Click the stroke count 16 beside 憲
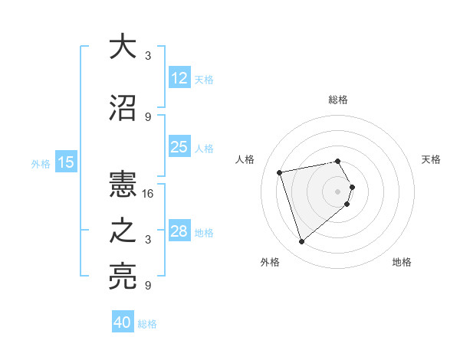pyautogui.click(x=149, y=194)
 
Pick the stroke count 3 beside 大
pyautogui.click(x=148, y=56)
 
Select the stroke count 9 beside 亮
pyautogui.click(x=148, y=286)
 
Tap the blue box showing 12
pyautogui.click(x=179, y=78)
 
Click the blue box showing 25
pyautogui.click(x=179, y=147)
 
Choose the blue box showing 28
pyautogui.click(x=179, y=231)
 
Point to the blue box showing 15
pyautogui.click(x=66, y=162)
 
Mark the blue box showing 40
pyautogui.click(x=123, y=322)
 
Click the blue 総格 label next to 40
pyautogui.click(x=147, y=324)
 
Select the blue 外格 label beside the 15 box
pyautogui.click(x=41, y=163)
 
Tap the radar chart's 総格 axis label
pyautogui.click(x=338, y=100)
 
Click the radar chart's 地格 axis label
pyautogui.click(x=402, y=263)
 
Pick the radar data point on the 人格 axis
pyautogui.click(x=280, y=172)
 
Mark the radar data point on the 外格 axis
pyautogui.click(x=301, y=242)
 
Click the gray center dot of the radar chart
pyautogui.click(x=338, y=191)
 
